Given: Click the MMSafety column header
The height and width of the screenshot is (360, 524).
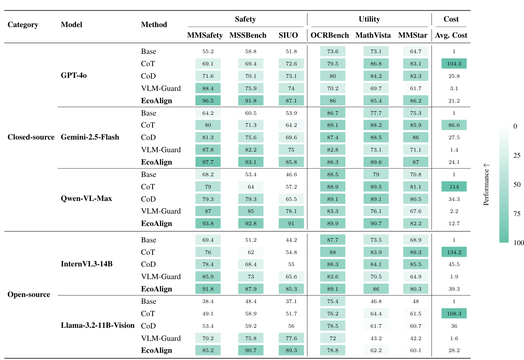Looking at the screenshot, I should [x=205, y=35].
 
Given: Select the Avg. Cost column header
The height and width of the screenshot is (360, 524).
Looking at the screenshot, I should [x=451, y=35].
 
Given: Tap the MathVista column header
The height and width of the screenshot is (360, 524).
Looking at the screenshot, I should [x=373, y=35].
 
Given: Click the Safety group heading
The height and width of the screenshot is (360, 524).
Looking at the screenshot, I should [x=245, y=19].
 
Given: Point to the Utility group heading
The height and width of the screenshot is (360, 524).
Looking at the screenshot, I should [x=369, y=19].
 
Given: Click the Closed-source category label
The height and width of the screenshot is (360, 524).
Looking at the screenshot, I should [x=31, y=137].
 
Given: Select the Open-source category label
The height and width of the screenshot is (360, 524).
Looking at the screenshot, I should [x=29, y=295].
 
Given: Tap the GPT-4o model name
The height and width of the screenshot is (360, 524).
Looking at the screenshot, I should [x=74, y=75].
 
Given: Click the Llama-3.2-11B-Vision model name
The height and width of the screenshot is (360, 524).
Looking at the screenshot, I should [x=98, y=325].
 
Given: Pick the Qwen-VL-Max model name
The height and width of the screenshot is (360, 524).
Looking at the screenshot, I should [x=86, y=199].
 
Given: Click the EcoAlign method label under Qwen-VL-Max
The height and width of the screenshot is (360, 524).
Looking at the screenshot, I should [x=156, y=224].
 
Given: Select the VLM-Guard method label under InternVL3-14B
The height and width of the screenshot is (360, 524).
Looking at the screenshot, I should [x=161, y=277].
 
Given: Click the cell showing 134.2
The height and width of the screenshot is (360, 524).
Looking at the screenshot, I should [x=454, y=252].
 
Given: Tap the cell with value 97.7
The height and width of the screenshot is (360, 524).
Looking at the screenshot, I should [x=208, y=162].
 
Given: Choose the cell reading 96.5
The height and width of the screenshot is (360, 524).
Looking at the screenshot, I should [x=208, y=101].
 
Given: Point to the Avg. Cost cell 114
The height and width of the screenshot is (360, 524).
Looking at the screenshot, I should [x=454, y=187].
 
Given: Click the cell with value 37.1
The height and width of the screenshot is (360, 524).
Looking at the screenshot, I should [x=291, y=301].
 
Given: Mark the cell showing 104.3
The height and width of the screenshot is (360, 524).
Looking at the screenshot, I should [x=454, y=64].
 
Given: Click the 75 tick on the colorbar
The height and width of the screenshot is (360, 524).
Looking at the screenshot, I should [x=517, y=214].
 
